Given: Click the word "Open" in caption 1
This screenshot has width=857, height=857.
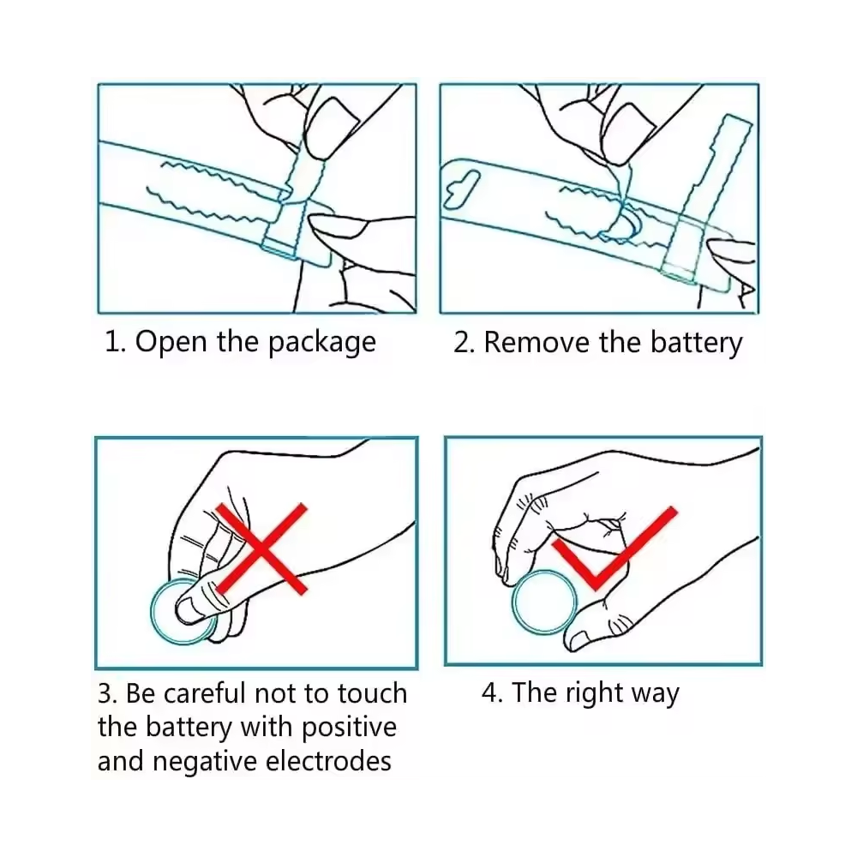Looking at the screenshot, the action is [x=171, y=343].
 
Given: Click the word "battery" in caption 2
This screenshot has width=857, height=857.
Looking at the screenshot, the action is [x=696, y=344].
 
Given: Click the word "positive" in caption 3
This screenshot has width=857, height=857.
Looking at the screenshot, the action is [x=349, y=728].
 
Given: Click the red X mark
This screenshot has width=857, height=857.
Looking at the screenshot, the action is [x=261, y=548].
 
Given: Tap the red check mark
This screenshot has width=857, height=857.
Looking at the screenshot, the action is [x=614, y=548].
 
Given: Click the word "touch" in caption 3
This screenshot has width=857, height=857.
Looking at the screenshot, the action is [x=372, y=693].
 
